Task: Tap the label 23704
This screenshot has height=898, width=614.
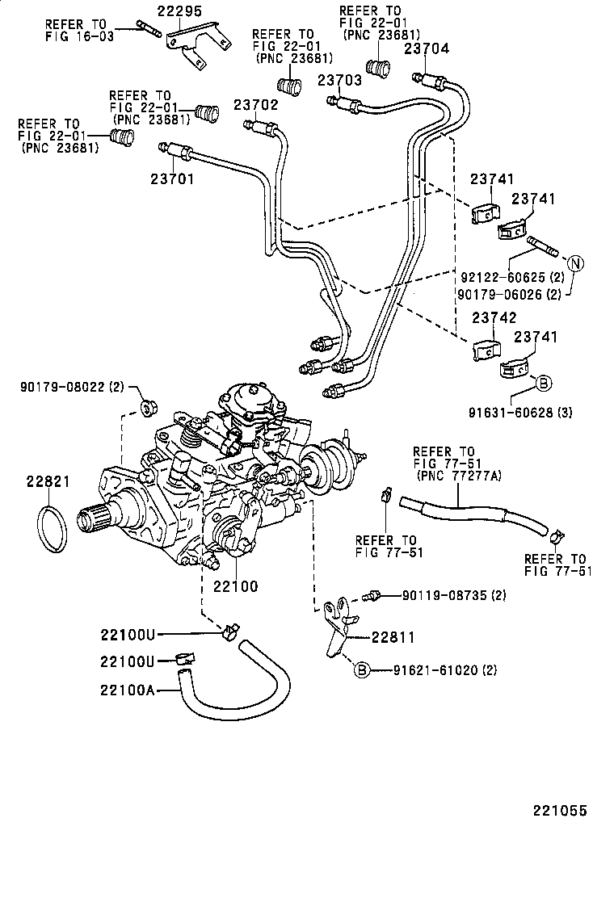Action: coord(427,48)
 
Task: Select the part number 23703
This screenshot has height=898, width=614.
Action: coord(339,80)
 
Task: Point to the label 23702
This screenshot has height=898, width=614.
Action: coord(256,105)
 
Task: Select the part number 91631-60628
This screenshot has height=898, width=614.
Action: coord(510,413)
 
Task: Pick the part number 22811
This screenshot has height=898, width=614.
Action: coord(393,637)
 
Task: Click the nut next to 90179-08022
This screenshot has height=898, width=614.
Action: coord(147,405)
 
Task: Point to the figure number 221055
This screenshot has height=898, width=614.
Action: coord(558,810)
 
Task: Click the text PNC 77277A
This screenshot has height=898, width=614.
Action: coord(459,476)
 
